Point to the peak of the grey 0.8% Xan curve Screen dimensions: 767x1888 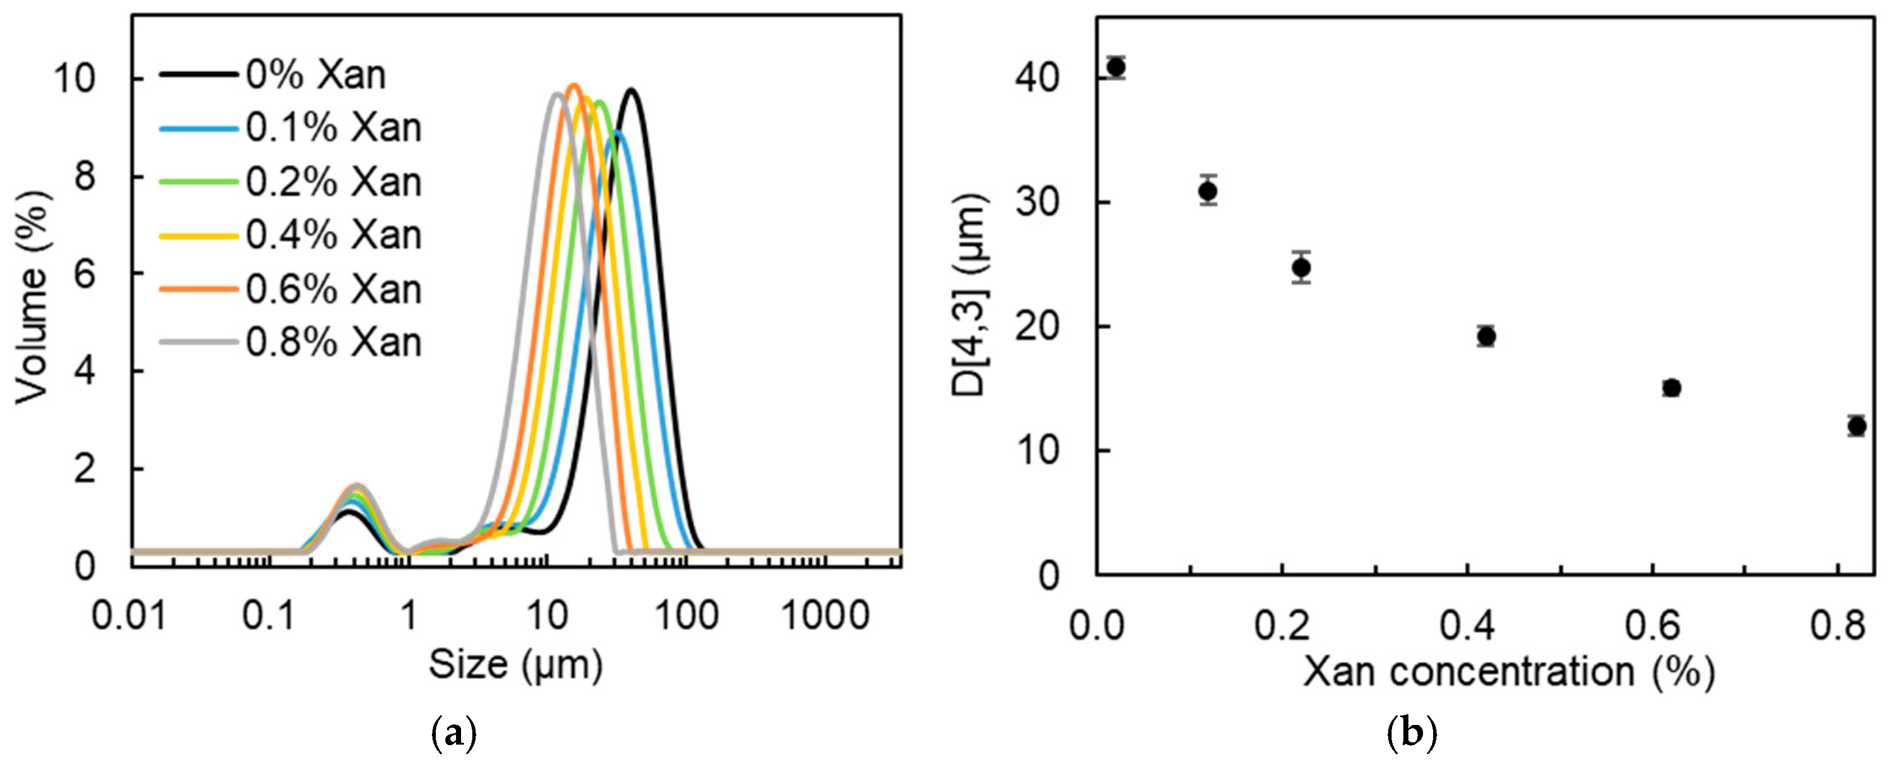point(557,94)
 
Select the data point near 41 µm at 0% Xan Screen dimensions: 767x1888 point(1116,67)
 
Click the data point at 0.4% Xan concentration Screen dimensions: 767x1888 point(1486,336)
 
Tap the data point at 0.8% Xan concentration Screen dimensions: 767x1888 point(1857,426)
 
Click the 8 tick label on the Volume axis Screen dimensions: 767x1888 point(85,177)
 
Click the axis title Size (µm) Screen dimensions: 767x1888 point(515,665)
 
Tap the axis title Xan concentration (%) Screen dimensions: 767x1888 point(1508,671)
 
